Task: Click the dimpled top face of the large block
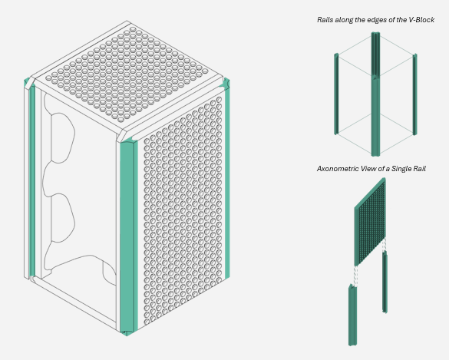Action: [x=126, y=75]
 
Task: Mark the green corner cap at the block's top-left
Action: [x=28, y=83]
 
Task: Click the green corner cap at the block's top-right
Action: [x=226, y=83]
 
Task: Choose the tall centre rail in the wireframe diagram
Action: [x=375, y=94]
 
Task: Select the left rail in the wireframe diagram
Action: [x=336, y=94]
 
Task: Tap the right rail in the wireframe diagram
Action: [x=414, y=94]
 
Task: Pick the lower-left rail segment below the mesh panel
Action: [x=352, y=315]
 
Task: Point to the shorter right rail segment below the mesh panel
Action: [x=385, y=282]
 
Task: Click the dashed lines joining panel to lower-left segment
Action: [x=355, y=276]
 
